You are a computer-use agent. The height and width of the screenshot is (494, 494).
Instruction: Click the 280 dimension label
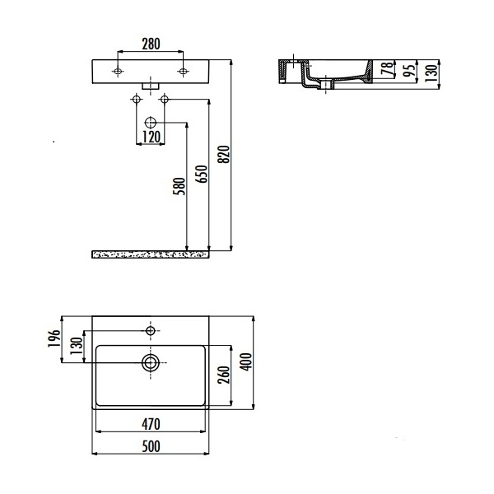coord(151,44)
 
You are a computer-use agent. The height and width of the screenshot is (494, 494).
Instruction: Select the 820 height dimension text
coord(224,155)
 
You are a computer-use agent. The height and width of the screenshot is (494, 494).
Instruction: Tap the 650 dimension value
coord(202,174)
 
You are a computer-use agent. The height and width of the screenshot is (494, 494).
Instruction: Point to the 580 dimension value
coord(179,186)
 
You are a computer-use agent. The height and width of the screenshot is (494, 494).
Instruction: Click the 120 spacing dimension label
coord(151,137)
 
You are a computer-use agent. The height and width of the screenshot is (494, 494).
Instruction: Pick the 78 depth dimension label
coord(388,68)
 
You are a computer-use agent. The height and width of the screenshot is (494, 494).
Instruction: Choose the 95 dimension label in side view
coord(410,71)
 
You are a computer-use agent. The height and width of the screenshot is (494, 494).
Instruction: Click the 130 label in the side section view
coord(432,72)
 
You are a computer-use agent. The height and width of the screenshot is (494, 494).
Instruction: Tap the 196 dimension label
coord(54,338)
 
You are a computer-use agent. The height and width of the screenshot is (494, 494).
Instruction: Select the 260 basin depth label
coord(224,375)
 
